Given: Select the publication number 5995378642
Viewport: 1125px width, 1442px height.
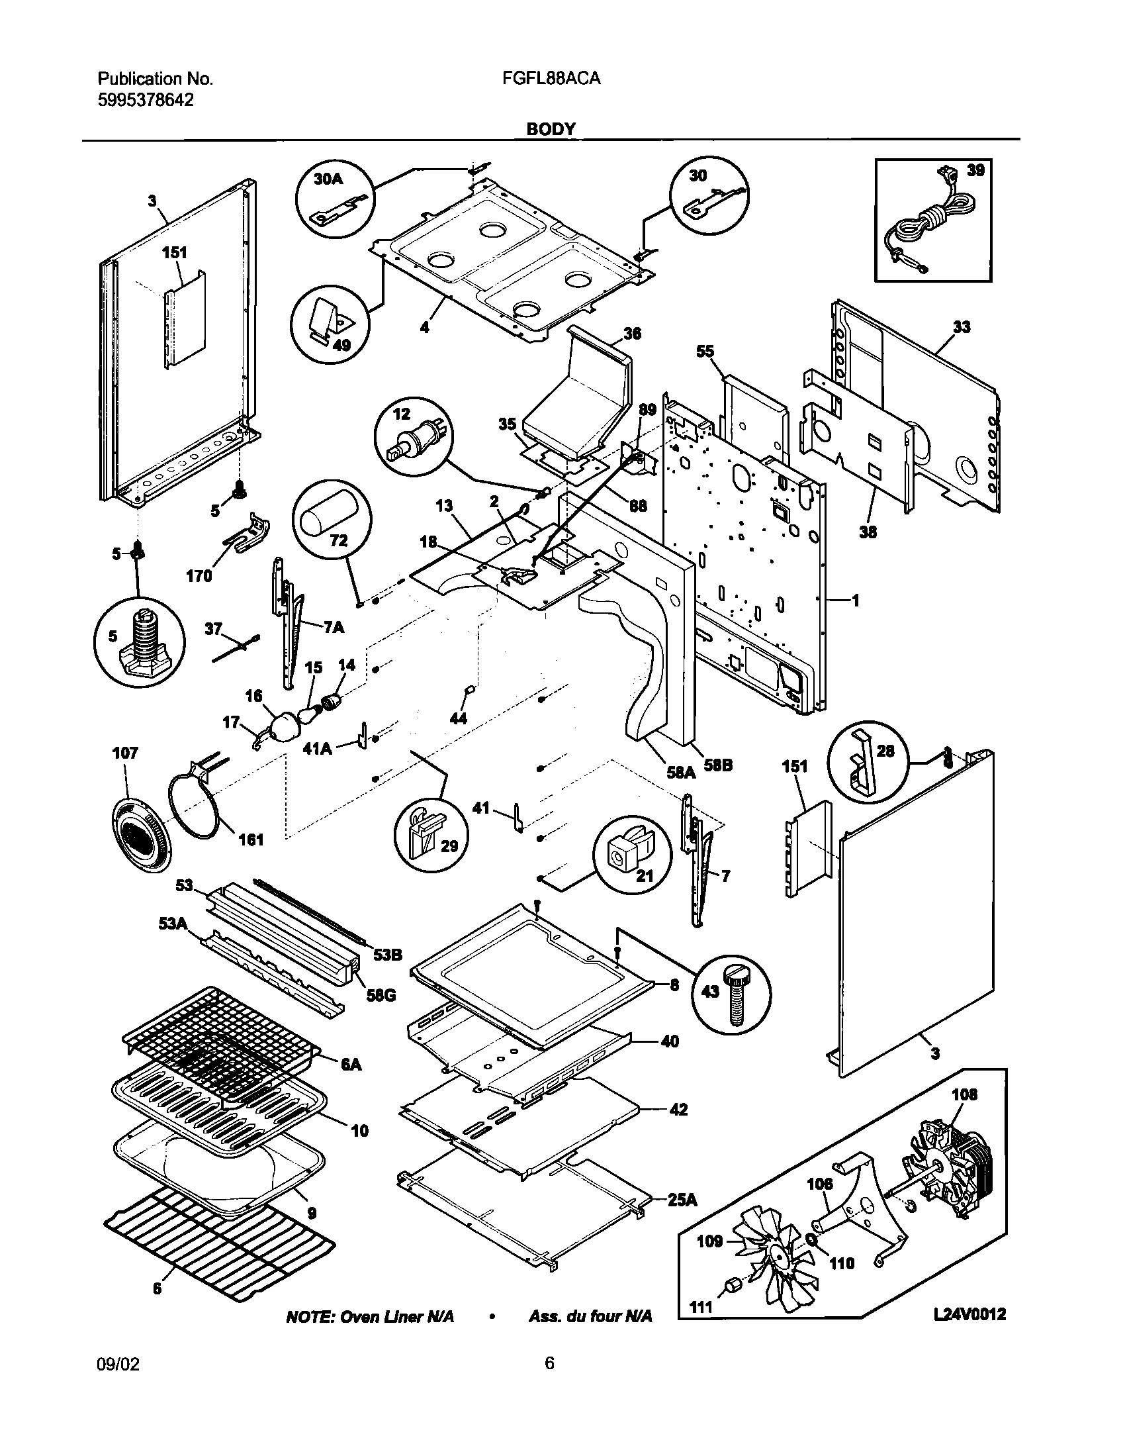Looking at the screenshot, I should pos(146,100).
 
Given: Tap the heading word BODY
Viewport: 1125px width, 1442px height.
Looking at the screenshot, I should pos(551,128).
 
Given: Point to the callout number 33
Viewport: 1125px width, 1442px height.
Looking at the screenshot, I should pos(962,326).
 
